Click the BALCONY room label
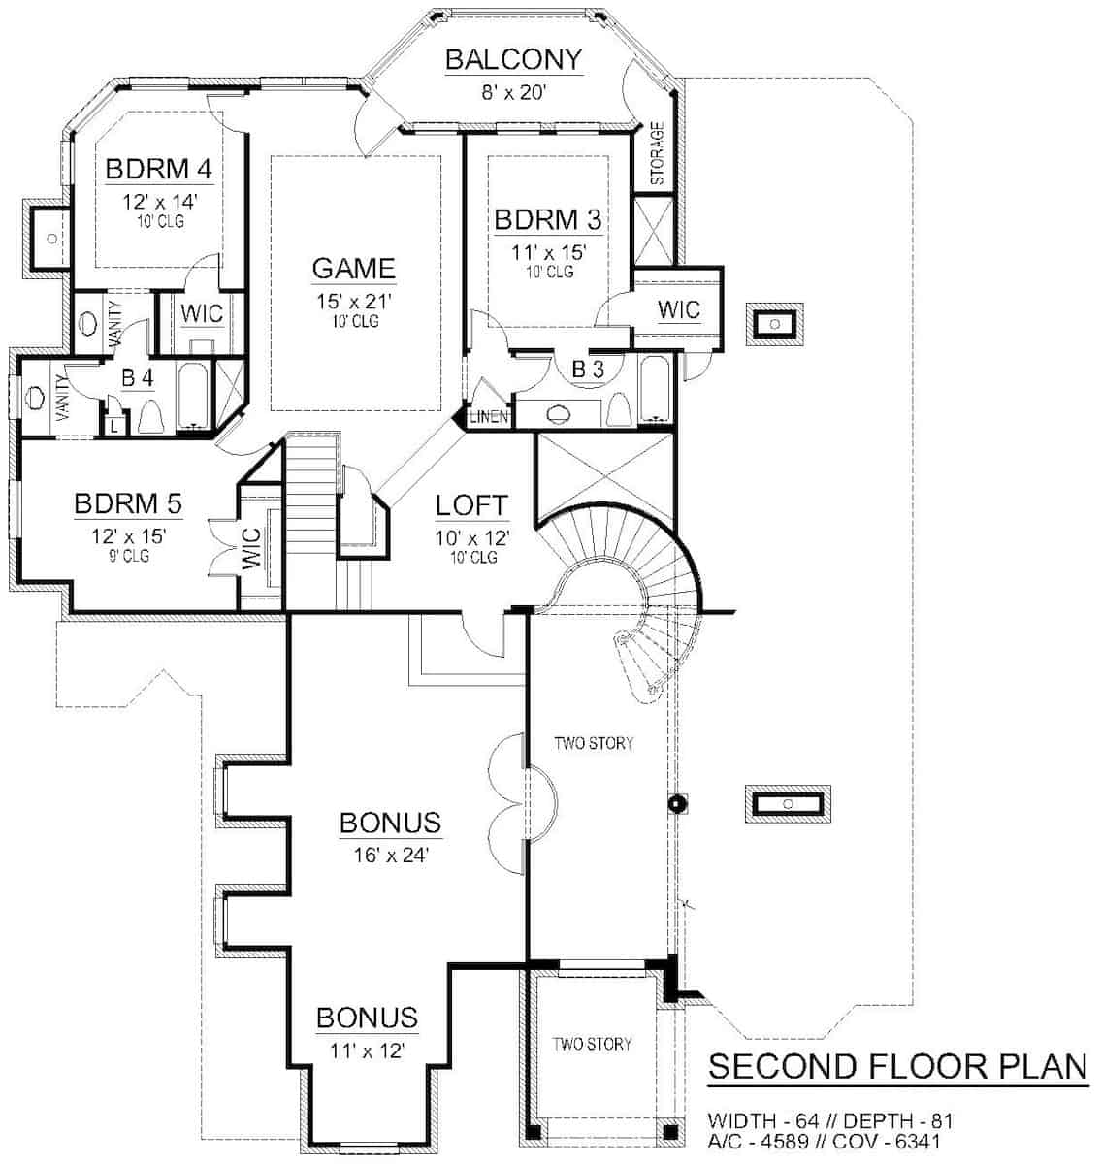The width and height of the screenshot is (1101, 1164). pyautogui.click(x=513, y=60)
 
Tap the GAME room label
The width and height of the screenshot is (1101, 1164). pyautogui.click(x=353, y=269)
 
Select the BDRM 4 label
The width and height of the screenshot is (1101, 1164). pyautogui.click(x=159, y=169)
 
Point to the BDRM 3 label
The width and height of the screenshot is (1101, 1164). pyautogui.click(x=548, y=219)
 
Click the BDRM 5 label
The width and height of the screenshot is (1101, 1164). pyautogui.click(x=128, y=503)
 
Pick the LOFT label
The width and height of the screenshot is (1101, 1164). pyautogui.click(x=471, y=505)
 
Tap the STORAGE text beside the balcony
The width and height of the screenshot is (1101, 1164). pyautogui.click(x=657, y=153)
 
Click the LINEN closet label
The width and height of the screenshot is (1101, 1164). pyautogui.click(x=489, y=417)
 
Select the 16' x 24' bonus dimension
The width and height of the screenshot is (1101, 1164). pyautogui.click(x=391, y=855)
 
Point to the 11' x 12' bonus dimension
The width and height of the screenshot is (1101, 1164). pyautogui.click(x=368, y=1051)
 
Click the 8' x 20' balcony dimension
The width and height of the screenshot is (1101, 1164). pyautogui.click(x=513, y=93)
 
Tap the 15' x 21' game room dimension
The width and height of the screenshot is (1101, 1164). pyautogui.click(x=354, y=302)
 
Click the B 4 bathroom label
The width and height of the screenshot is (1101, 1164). pyautogui.click(x=138, y=377)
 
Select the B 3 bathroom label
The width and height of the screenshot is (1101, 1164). pyautogui.click(x=588, y=370)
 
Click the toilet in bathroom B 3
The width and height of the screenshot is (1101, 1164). pyautogui.click(x=619, y=409)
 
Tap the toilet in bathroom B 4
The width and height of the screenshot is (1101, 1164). pyautogui.click(x=151, y=418)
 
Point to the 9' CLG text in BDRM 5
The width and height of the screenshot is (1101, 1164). pyautogui.click(x=128, y=556)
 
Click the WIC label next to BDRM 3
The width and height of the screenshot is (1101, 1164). pyautogui.click(x=679, y=309)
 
